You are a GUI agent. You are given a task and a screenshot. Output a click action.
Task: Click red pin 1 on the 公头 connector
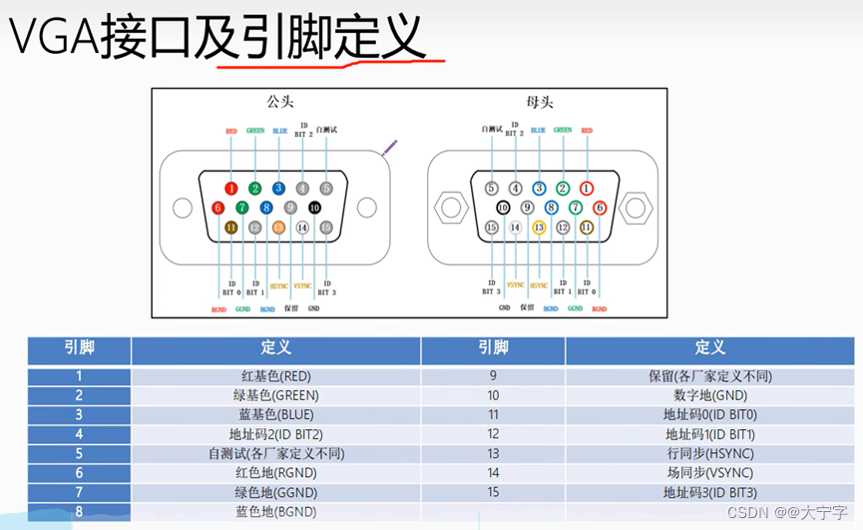231,188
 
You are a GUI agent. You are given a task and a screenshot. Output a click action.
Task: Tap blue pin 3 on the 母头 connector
539,188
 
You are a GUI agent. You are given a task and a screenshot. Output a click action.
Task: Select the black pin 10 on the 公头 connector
314,208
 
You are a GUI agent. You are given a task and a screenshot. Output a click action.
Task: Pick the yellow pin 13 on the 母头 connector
539,228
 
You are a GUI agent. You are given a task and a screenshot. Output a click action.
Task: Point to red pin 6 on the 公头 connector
218,208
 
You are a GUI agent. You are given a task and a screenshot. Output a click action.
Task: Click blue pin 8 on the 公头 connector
266,208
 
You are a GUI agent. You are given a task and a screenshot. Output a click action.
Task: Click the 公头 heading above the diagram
280,101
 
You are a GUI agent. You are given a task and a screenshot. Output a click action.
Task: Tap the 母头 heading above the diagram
539,101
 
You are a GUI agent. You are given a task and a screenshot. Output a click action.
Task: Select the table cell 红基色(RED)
275,376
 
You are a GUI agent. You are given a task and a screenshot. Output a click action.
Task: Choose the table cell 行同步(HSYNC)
709,453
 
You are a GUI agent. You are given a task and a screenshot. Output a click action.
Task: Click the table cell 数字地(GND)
709,396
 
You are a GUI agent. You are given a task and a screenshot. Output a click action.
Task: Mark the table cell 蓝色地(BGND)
275,511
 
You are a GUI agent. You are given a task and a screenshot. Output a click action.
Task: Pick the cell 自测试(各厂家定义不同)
275,453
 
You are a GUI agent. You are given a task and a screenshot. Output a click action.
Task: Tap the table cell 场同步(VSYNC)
709,472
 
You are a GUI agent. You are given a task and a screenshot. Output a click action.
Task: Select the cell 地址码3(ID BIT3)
709,492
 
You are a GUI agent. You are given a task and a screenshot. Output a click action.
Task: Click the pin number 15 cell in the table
493,492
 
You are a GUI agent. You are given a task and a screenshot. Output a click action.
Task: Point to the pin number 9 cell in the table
493,376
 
